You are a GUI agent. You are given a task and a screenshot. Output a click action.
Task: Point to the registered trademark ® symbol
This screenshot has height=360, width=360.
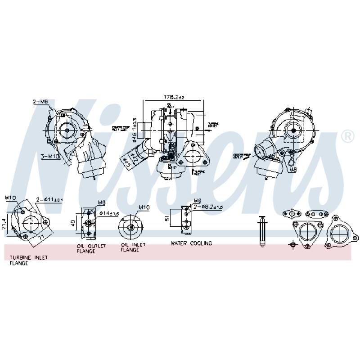click(x=347, y=136)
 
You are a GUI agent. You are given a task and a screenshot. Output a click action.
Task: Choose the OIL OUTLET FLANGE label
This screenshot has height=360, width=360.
click(x=91, y=248)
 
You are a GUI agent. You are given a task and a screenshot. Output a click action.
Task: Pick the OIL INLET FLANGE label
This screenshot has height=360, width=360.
click(x=133, y=247)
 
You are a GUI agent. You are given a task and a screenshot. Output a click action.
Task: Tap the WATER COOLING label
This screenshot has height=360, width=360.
click(x=191, y=243)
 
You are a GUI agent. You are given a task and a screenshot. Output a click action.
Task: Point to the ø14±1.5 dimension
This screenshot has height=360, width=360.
click(x=108, y=212)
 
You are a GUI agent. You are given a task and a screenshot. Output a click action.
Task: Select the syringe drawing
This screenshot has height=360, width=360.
click(x=262, y=231)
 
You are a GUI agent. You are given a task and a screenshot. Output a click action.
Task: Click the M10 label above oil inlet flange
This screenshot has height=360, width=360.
click(x=144, y=207)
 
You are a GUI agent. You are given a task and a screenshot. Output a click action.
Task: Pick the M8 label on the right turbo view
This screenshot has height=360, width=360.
click(x=293, y=171)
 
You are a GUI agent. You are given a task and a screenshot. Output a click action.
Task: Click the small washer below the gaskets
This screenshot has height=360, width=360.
click(x=292, y=244)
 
